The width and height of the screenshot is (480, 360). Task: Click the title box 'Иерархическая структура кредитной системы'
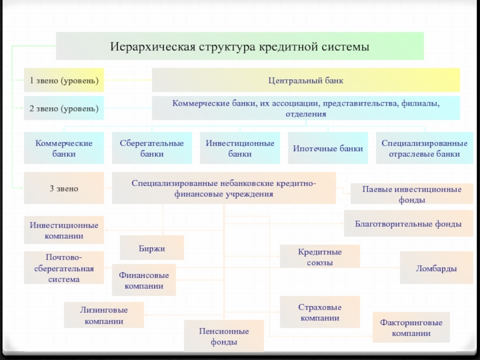pos(239,46)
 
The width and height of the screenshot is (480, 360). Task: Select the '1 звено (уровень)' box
pos(64,80)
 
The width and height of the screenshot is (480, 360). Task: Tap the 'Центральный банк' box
pos(306,80)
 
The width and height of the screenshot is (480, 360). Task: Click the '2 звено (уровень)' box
pos(64,108)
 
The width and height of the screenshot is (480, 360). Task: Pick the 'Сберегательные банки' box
pos(152,148)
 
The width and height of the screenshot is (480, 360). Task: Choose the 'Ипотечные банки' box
pos(328,148)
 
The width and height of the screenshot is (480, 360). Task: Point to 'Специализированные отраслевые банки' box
pos(425,148)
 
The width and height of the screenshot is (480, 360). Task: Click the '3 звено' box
pos(64,188)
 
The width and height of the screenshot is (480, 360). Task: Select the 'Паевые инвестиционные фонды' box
pos(412,194)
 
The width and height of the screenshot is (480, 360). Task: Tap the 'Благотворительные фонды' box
pos(409,223)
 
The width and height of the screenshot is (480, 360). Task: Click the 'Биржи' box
pos(152,248)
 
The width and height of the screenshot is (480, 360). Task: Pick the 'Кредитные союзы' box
pos(320,257)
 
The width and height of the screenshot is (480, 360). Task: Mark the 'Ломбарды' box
pos(437,268)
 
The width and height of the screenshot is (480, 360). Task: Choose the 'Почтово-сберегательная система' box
pos(64,268)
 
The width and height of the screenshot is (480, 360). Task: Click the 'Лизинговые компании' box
pos(104,315)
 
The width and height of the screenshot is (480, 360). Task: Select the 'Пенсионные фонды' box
pos(224,336)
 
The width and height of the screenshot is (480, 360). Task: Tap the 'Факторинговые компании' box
pos(411,327)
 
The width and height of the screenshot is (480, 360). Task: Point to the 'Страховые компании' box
pos(320,312)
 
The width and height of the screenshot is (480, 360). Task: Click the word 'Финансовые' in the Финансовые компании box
pos(144,275)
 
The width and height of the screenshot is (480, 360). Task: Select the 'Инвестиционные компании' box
pos(64,230)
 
